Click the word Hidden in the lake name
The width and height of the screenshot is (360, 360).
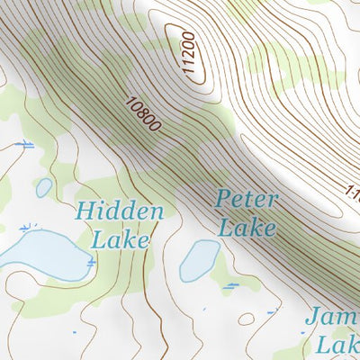tap(120, 212)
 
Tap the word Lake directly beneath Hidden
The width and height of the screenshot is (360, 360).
tap(120, 239)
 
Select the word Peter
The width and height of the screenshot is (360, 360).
tap(247, 200)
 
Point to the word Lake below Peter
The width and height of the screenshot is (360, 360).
tap(247, 227)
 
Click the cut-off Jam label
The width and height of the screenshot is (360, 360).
tap(331, 318)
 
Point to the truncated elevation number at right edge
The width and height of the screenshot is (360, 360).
tap(353, 191)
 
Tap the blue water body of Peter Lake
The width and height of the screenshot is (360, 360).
tap(198, 261)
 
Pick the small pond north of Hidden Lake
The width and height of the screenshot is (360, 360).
tap(43, 187)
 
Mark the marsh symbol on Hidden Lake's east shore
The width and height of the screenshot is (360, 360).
tap(91, 262)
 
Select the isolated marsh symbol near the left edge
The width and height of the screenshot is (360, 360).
tap(25, 144)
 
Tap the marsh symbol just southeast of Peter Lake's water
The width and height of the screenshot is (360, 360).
tap(232, 285)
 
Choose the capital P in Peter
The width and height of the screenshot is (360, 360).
tap(222, 200)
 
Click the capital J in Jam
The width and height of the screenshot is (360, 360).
tap(311, 318)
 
